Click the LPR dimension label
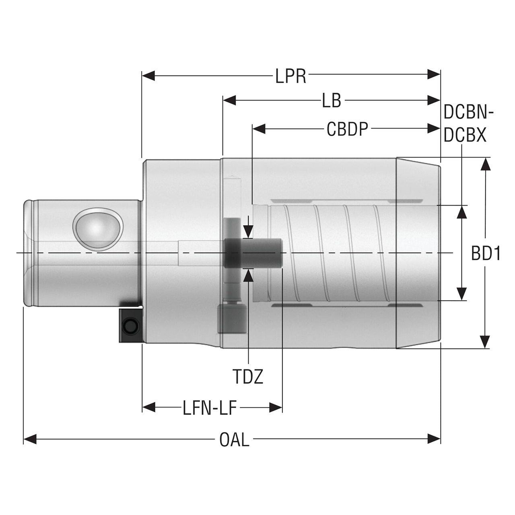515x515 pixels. (290, 76)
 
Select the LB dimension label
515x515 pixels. (332, 101)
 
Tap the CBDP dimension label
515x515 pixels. (347, 129)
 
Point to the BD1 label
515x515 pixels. (486, 253)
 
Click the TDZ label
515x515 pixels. (248, 377)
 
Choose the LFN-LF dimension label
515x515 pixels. (210, 408)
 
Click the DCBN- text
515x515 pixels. (468, 112)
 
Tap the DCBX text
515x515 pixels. (465, 135)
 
